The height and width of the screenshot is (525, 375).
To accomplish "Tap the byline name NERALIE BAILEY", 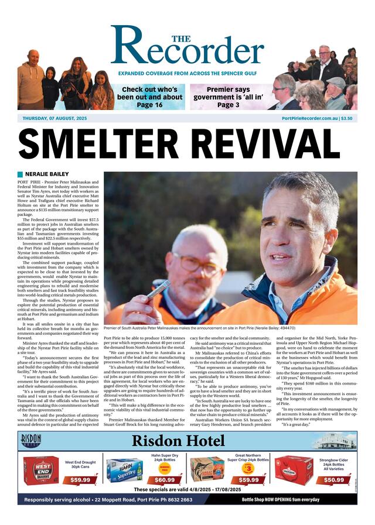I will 47,174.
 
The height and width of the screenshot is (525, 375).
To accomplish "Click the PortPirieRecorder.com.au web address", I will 309,118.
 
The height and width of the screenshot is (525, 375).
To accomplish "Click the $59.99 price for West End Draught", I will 80,480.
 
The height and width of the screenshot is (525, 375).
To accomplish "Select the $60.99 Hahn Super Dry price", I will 165,480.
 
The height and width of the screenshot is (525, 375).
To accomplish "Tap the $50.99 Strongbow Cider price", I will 334,480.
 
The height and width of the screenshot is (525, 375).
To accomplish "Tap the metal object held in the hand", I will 158,290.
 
